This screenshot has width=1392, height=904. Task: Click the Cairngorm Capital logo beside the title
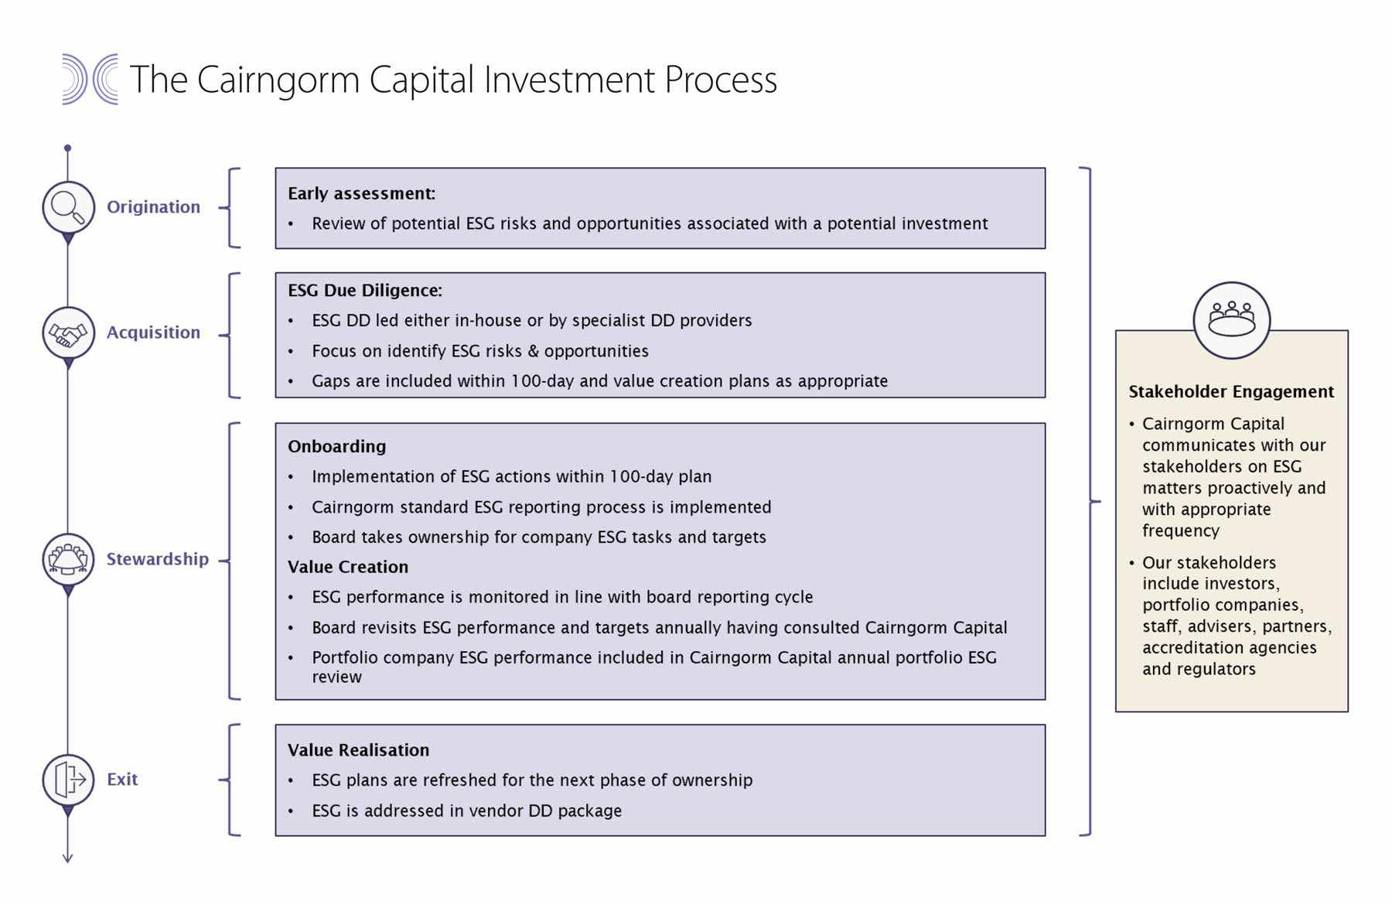click(x=90, y=79)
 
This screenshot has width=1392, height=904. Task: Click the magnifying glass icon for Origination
click(x=68, y=207)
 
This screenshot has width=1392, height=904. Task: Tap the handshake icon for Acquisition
click(x=68, y=333)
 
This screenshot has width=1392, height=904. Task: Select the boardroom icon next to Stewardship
click(x=68, y=559)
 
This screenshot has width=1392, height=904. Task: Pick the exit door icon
click(x=68, y=779)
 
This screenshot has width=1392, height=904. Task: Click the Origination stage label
click(x=153, y=207)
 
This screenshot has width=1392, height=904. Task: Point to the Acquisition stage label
click(x=153, y=333)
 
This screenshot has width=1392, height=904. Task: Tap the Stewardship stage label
click(x=158, y=559)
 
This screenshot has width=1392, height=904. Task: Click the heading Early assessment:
click(x=361, y=193)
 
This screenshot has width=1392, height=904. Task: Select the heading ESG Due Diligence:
click(x=365, y=290)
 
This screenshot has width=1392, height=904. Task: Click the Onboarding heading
click(x=336, y=446)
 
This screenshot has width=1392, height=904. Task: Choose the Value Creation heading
click(x=348, y=567)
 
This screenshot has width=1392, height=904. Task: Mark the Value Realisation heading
click(x=358, y=750)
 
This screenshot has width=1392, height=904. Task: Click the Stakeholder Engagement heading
click(x=1231, y=391)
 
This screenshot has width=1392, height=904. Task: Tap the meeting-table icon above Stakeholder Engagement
click(x=1232, y=320)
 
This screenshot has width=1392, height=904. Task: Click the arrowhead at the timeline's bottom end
click(x=67, y=858)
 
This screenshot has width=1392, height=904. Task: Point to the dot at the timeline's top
click(x=67, y=148)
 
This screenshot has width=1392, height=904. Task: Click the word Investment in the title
click(x=570, y=80)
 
